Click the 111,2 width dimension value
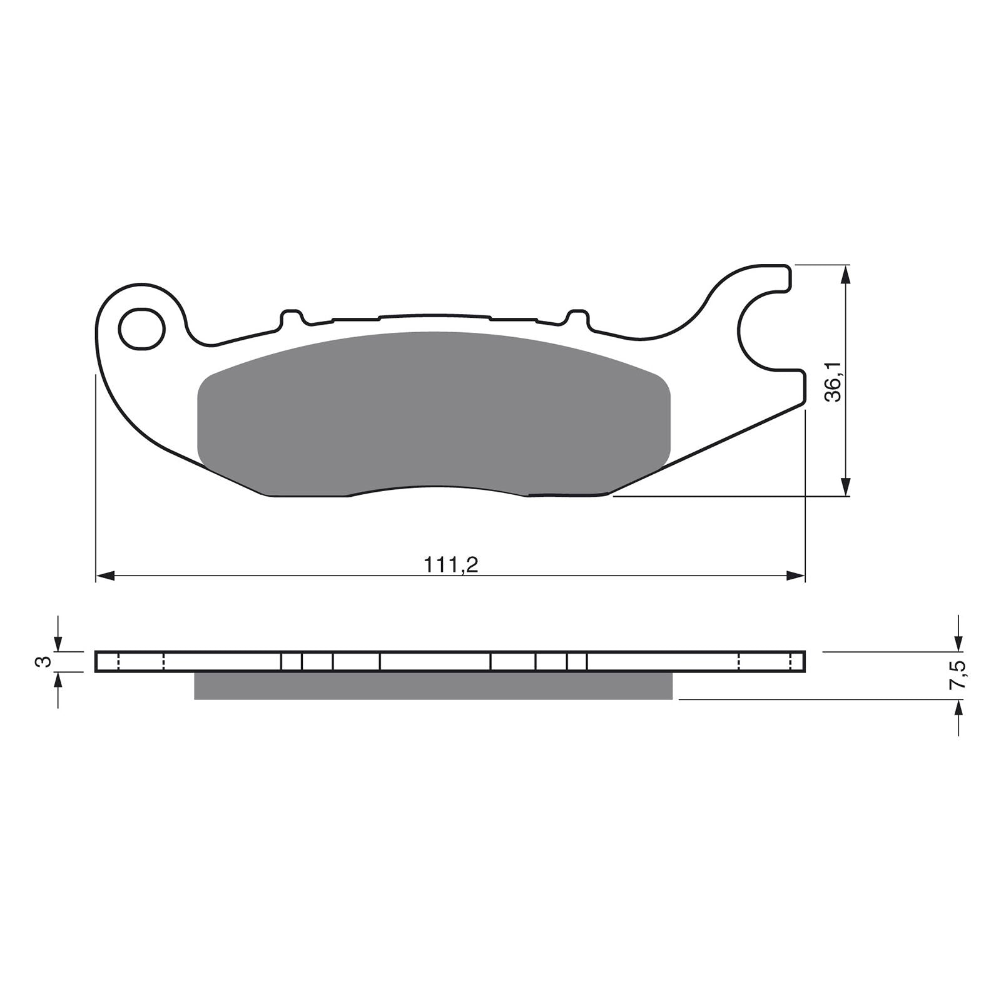pyautogui.click(x=451, y=565)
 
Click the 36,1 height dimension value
pyautogui.click(x=834, y=381)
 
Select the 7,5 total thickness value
pyautogui.click(x=959, y=674)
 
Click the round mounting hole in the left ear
pyautogui.click(x=142, y=328)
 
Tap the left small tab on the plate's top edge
pyautogui.click(x=291, y=318)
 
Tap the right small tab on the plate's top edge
pyautogui.click(x=577, y=318)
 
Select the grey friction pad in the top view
pyautogui.click(x=434, y=413)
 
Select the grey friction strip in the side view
pyautogui.click(x=433, y=686)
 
